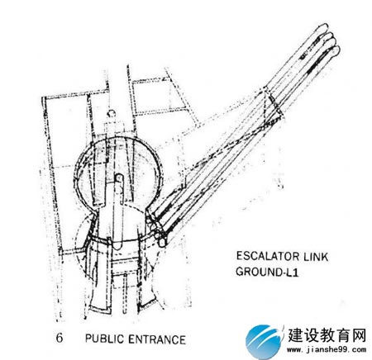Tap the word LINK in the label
(x=316, y=257)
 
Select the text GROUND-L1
(x=267, y=272)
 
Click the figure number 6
(x=60, y=338)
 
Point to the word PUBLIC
(x=104, y=339)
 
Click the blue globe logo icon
(x=264, y=341)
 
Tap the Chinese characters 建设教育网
(x=327, y=335)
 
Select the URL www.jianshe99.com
(x=327, y=350)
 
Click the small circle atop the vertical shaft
(x=112, y=113)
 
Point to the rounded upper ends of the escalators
(x=328, y=39)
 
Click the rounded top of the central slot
(x=119, y=178)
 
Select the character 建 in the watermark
(x=295, y=335)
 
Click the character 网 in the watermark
(x=359, y=335)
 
